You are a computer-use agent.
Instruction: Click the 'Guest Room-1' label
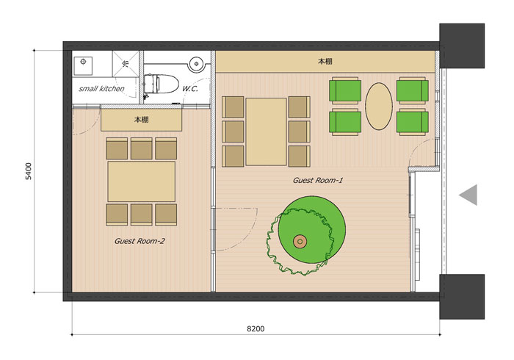318,180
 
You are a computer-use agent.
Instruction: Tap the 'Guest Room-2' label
140,241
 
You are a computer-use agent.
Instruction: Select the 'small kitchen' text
101,88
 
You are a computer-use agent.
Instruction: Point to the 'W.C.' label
190,88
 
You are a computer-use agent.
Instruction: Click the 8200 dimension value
256,328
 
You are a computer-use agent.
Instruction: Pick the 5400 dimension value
29,171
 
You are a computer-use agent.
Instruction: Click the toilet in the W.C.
161,84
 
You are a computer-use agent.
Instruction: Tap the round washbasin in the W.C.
197,64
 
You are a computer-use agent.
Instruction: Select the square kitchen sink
83,65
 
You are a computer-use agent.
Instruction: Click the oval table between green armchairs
379,107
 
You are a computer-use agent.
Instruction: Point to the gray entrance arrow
468,195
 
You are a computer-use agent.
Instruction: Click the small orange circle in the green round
300,242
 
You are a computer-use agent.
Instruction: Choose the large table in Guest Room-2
141,181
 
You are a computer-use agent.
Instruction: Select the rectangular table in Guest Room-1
266,132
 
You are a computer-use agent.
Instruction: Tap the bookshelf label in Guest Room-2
141,120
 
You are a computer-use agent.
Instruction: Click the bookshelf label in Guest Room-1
325,61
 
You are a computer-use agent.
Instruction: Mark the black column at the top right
462,46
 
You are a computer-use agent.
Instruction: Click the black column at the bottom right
462,297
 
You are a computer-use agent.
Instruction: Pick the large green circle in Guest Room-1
312,229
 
